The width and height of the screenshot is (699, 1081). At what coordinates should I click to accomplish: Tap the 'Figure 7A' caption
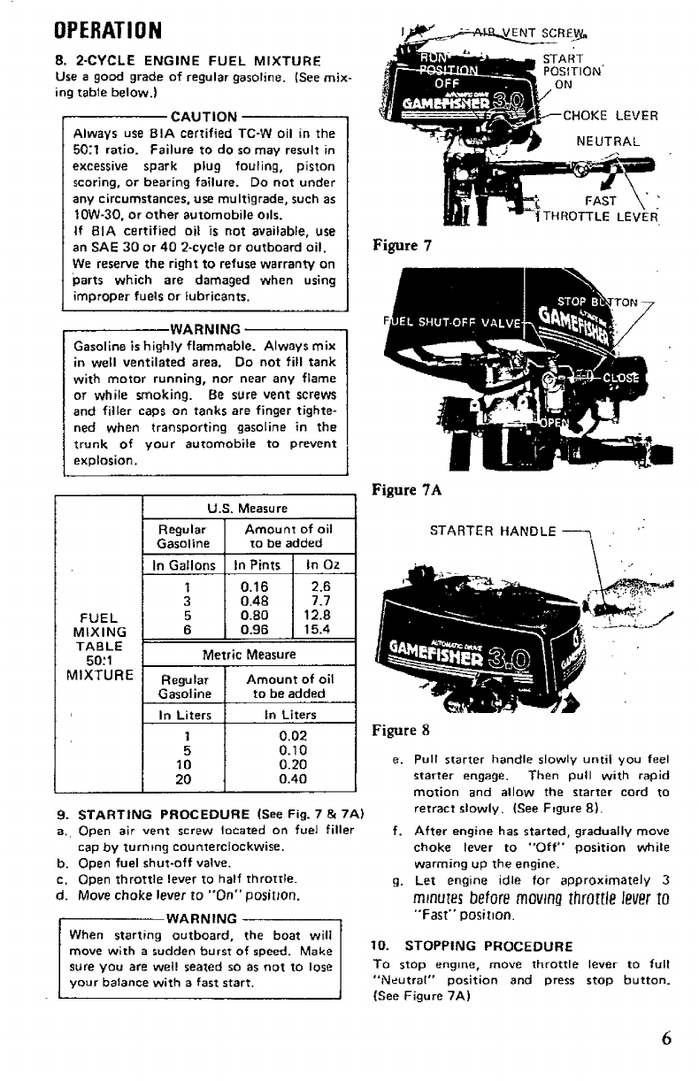(402, 488)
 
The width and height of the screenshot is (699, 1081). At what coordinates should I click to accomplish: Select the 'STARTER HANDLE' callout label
(493, 532)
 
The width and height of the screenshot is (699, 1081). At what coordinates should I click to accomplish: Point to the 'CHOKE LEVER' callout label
(611, 115)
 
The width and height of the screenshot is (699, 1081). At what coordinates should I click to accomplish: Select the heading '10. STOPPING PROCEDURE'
(461, 920)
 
